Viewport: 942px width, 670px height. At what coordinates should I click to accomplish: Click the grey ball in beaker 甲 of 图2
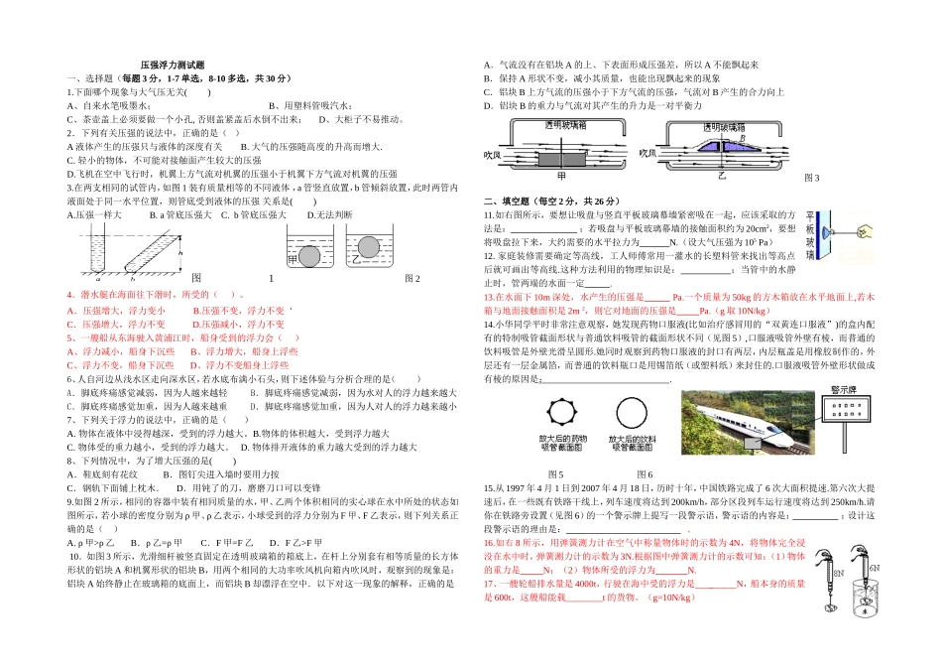(309, 257)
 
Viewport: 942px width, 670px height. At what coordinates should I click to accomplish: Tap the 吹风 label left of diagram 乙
(647, 153)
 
